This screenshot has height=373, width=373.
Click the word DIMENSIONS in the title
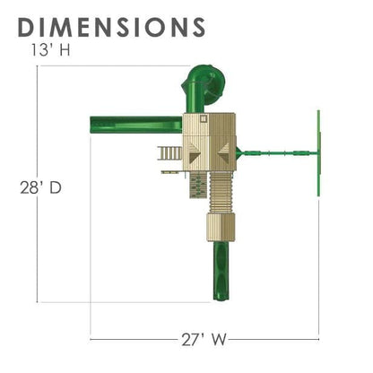(111, 27)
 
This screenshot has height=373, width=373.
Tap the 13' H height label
(50, 50)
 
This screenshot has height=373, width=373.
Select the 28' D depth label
(40, 187)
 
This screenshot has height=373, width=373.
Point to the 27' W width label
(204, 340)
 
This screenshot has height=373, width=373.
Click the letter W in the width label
(219, 340)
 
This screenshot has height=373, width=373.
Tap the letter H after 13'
(65, 50)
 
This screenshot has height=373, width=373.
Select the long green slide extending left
(136, 125)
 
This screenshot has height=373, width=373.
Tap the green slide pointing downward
(221, 271)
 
